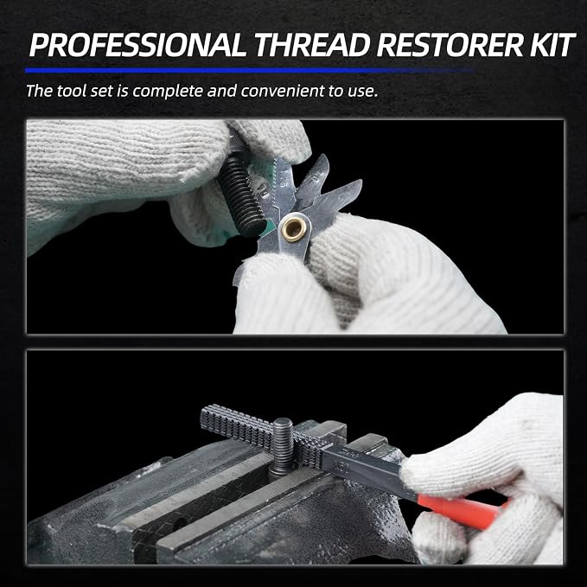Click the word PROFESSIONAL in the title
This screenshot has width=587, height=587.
(x=137, y=45)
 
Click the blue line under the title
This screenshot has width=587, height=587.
(x=249, y=70)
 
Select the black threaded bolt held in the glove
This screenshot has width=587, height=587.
(x=241, y=195)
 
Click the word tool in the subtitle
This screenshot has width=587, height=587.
(x=70, y=91)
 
